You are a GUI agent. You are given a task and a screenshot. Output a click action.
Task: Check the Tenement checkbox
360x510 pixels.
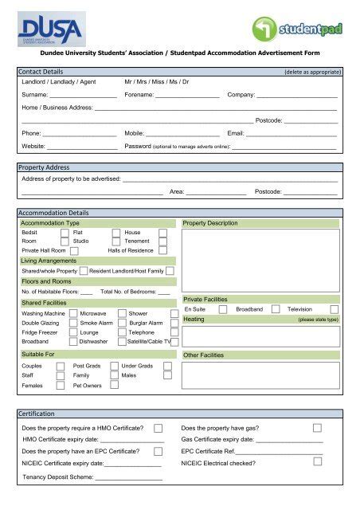[x=162, y=241]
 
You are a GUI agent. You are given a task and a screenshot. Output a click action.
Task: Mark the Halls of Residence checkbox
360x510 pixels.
[x=162, y=250]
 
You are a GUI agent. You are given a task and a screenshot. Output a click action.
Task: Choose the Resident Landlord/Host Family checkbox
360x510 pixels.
[x=170, y=271]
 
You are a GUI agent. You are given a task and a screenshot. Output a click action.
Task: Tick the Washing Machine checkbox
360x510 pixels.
[x=72, y=313]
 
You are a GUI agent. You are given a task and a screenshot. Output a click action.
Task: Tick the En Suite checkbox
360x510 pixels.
[x=222, y=309]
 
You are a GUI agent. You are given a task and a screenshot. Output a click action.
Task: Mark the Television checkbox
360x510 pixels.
[x=334, y=309]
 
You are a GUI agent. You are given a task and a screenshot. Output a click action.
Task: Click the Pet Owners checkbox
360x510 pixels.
[x=114, y=384]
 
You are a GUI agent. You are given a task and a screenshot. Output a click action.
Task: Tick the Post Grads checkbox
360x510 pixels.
[x=114, y=366]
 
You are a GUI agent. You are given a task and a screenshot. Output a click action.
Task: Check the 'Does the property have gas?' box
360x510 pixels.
[x=318, y=428]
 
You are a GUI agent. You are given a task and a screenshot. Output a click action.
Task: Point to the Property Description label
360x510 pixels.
[x=210, y=223]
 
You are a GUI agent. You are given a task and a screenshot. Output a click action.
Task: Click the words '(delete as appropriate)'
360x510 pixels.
[x=312, y=73]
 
